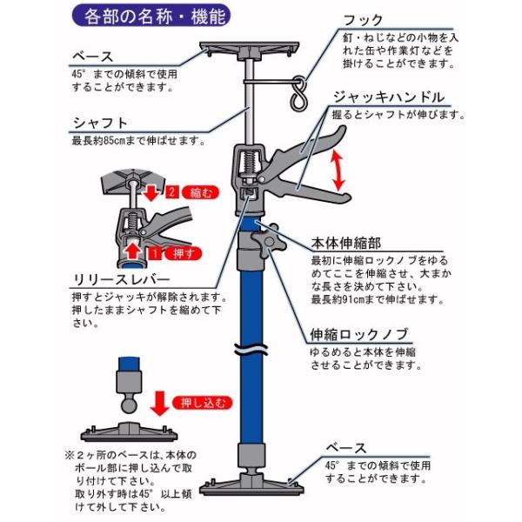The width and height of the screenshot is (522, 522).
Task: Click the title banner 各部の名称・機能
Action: coord(151,16)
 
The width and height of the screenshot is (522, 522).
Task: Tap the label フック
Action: coord(363,21)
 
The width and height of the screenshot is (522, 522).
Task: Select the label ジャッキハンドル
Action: coord(389,97)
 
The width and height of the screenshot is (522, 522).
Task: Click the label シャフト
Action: coord(100,124)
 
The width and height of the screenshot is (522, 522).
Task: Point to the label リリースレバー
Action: coord(121,279)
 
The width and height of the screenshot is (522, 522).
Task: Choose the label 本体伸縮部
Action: coord(346,244)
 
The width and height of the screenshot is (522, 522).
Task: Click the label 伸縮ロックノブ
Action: coord(359,335)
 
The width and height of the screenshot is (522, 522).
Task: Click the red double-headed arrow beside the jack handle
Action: coord(339,171)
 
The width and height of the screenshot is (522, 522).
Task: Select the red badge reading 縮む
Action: coord(200,192)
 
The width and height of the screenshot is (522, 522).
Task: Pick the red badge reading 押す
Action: coord(183,254)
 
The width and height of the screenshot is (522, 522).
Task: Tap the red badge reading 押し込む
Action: coord(203,403)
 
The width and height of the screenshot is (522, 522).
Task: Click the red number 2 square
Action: coord(172,192)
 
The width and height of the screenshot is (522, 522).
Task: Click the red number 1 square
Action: coord(155,254)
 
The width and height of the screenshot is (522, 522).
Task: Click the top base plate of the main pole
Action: coord(249,50)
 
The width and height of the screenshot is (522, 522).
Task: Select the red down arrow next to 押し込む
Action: coord(160,404)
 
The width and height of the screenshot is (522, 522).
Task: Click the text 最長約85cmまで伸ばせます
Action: coord(139,141)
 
